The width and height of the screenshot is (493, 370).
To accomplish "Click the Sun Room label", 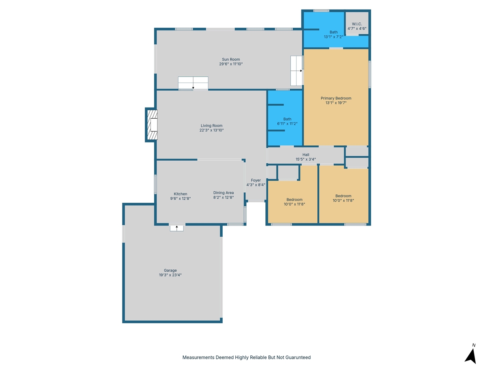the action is (231, 59).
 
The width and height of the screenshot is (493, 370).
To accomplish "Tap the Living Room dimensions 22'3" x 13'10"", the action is (211, 130).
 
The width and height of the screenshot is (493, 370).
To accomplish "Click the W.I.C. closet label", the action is (357, 24).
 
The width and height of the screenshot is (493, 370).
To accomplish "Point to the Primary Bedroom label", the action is (336, 98).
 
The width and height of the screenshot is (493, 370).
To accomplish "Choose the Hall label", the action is (305, 155).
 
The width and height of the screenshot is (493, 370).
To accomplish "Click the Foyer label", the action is (256, 180).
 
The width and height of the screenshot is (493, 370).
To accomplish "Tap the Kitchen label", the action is (180, 194).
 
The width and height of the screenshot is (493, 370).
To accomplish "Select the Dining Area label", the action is (223, 193).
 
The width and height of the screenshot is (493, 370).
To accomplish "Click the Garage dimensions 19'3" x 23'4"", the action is (170, 275).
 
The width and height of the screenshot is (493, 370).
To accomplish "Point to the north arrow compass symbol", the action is (470, 356).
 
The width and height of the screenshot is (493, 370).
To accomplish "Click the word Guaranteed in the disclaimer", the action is (298, 357).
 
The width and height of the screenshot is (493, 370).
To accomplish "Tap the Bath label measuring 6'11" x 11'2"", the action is (287, 119).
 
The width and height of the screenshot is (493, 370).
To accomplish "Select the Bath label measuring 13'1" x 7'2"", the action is (333, 32).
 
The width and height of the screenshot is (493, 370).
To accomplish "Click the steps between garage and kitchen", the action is (176, 228).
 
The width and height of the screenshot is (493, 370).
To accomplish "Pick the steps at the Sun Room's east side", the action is (297, 71).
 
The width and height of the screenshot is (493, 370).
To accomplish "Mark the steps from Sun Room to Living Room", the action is (193, 82).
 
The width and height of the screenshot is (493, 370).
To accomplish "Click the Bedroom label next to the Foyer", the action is (294, 200).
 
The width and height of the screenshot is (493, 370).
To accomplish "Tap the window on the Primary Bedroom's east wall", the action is (369, 74).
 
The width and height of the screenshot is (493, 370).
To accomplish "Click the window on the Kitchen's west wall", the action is (155, 184).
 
